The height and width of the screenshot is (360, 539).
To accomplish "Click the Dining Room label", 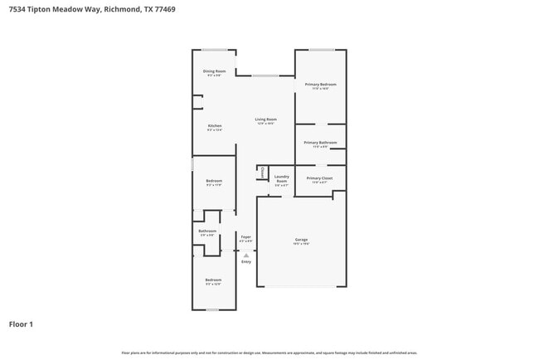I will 214,71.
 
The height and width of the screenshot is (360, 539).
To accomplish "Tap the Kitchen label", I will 214,126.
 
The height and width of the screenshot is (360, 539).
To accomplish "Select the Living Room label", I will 265,119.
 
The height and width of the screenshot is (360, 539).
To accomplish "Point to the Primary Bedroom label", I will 320,85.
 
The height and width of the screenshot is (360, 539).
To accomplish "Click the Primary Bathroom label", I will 320,143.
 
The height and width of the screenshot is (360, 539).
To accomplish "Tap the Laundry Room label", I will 281,178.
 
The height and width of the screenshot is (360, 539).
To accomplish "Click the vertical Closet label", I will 263,173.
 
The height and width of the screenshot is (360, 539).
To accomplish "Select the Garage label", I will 301,241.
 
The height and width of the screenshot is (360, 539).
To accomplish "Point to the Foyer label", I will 245,237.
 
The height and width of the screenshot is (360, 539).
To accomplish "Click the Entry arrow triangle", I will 245,255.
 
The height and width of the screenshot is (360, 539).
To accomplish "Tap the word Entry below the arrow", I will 245,262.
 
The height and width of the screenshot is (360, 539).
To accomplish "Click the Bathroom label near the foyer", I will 207,231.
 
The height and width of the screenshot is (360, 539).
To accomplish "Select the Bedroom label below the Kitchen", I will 214,181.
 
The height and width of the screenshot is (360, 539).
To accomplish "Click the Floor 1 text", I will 21,324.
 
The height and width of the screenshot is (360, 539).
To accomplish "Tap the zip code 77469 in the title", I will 160,9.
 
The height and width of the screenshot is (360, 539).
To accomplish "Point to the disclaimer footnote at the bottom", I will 269,353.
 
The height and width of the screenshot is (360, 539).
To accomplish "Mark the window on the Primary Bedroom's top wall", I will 322,50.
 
